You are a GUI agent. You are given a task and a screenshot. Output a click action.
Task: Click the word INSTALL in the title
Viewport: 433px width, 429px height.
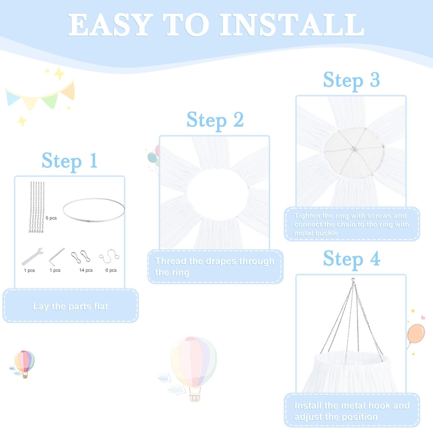[291, 25]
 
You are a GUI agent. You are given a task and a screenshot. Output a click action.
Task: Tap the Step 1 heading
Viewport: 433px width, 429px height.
[69, 161]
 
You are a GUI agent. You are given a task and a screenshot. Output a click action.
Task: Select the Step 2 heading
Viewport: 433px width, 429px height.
[215, 120]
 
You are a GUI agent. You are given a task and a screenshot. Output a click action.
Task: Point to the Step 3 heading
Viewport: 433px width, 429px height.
[351, 80]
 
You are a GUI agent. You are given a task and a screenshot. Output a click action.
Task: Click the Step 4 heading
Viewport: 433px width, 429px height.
[351, 259]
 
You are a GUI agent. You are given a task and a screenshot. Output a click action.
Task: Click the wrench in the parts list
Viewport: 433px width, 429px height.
[32, 256]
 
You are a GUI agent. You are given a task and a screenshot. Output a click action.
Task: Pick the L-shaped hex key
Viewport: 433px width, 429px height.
[57, 255]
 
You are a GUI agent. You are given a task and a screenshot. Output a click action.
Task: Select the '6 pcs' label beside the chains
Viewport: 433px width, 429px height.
[51, 218]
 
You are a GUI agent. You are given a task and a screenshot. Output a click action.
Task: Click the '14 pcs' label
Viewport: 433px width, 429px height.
[86, 270]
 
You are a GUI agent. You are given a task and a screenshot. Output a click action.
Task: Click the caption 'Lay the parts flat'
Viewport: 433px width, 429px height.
[70, 306]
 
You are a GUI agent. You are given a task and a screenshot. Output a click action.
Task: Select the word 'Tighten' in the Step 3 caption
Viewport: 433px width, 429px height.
[307, 216]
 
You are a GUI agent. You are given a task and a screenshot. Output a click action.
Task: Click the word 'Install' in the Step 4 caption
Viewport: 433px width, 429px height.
[308, 406]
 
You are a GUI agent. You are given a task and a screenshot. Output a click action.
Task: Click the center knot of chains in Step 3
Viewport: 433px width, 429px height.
[354, 149]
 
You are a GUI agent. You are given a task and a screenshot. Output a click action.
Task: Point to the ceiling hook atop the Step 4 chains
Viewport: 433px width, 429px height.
[353, 280]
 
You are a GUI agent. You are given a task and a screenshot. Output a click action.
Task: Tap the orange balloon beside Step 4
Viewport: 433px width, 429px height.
[416, 334]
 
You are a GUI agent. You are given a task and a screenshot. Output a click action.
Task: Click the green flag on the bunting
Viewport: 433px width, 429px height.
[50, 100]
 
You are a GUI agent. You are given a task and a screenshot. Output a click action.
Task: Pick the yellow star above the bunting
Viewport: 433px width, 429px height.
[59, 74]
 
